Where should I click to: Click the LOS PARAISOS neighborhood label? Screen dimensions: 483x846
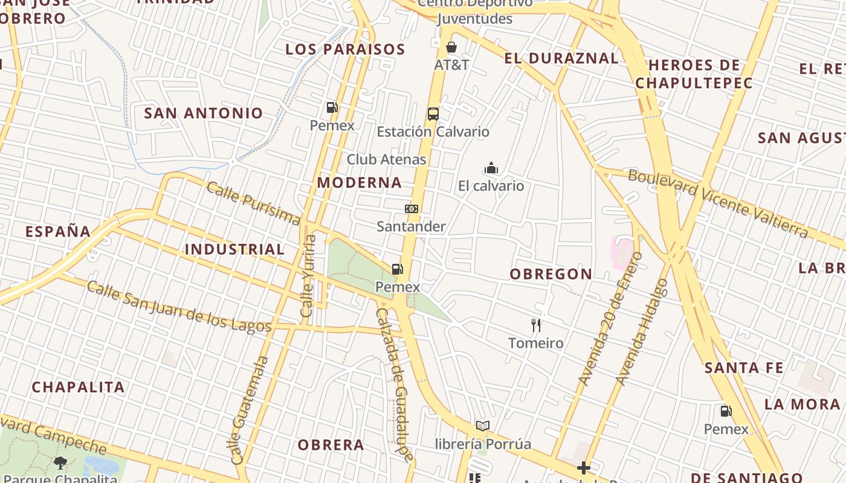344,50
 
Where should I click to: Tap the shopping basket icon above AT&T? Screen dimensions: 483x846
451,47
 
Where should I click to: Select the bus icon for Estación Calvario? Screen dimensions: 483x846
433,114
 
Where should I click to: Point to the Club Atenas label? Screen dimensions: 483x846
386,159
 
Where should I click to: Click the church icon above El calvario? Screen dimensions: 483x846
491,168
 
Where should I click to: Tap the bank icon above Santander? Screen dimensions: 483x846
411,209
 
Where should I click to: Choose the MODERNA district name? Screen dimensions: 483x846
360,182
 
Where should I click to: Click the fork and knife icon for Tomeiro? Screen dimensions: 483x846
535,325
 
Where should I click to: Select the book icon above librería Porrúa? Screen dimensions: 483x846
482,426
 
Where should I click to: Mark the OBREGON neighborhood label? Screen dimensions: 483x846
551,274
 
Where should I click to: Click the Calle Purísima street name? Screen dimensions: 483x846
253,203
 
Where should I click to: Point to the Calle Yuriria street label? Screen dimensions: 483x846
308,276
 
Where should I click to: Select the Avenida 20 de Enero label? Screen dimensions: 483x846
611,319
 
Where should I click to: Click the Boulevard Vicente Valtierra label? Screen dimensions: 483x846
718,203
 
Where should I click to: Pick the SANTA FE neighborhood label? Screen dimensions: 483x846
744,368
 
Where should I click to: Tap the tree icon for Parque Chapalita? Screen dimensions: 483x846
60,463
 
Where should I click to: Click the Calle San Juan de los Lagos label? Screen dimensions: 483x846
179,307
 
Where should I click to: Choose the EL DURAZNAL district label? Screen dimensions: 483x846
561,59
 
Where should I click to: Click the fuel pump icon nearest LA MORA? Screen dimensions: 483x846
726,411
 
